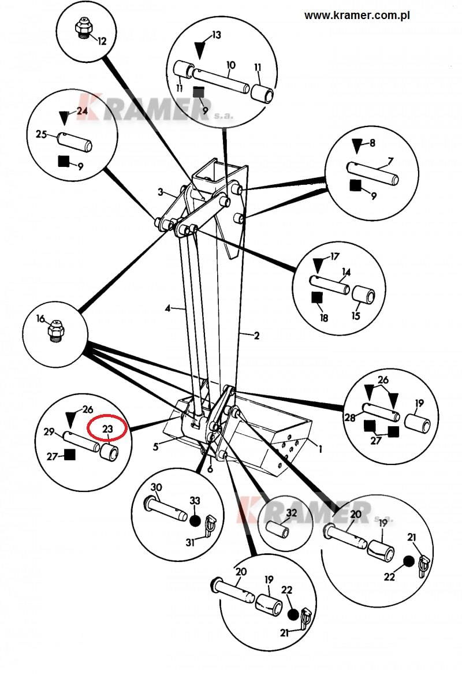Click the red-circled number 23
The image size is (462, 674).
coord(107,429)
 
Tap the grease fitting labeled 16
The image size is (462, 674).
coord(55,329)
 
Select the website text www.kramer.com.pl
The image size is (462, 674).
coord(356,16)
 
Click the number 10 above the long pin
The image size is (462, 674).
coord(230,65)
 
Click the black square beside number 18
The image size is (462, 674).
coord(316,297)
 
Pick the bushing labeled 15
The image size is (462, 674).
coord(364,296)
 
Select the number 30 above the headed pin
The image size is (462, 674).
coord(155,487)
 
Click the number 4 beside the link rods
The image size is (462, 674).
coord(168,309)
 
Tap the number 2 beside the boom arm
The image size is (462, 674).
coord(256,336)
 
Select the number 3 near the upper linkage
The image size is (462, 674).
coord(162,192)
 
